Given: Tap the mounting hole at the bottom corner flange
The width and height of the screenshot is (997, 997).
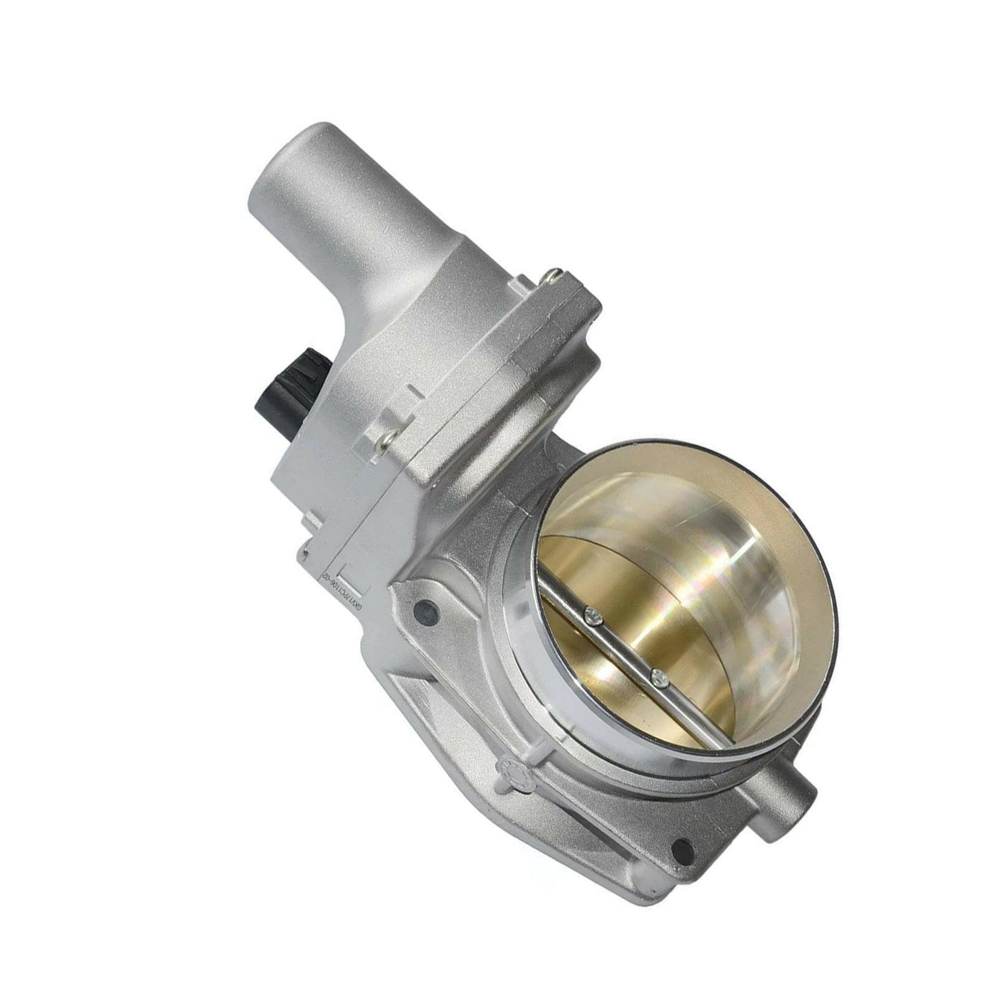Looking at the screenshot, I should pyautogui.click(x=684, y=843).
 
